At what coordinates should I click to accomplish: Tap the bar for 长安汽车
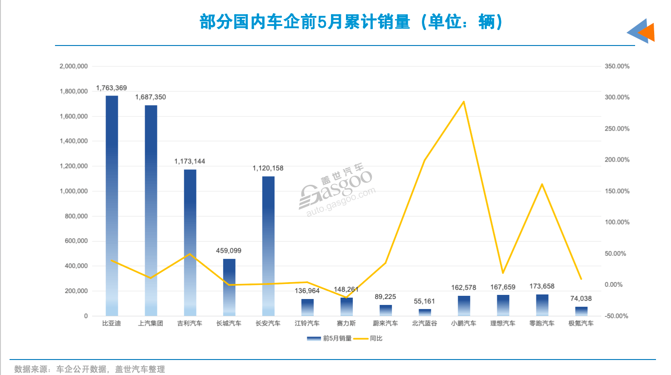click(x=268, y=246)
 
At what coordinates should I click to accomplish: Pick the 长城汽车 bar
click(x=229, y=287)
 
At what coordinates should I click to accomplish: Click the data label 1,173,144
click(x=190, y=162)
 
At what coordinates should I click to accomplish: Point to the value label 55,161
click(x=424, y=301)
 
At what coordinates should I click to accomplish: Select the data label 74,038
click(x=581, y=299)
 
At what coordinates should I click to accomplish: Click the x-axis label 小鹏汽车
click(x=464, y=324)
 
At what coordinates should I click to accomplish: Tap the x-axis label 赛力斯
click(x=346, y=324)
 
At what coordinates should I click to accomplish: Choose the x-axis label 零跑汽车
click(x=542, y=324)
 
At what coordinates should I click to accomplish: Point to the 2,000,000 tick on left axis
click(x=74, y=66)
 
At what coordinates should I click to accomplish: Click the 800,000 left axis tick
click(x=76, y=216)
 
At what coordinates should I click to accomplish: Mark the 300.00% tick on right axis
click(x=617, y=97)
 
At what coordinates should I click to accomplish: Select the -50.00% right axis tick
click(x=616, y=316)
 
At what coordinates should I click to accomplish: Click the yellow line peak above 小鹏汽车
click(x=464, y=101)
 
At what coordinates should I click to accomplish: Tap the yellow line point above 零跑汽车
click(x=542, y=184)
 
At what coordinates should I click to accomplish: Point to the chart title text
click(x=351, y=22)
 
